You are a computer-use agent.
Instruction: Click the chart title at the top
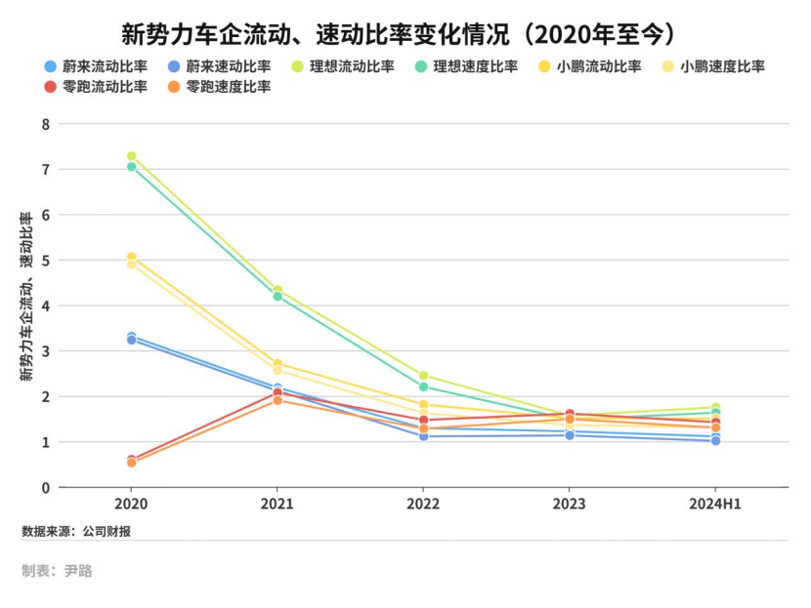405,35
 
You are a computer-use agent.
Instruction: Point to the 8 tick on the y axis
45,124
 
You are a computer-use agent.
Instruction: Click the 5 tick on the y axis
45,261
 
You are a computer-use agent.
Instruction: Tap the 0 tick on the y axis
45,488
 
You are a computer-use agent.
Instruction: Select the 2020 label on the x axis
131,505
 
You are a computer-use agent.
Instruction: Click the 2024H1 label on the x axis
715,505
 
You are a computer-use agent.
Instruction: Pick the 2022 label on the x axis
423,505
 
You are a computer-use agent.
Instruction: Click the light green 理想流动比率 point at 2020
131,156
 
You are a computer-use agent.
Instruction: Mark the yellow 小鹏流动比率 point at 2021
277,364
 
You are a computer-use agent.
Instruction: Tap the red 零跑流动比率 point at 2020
131,459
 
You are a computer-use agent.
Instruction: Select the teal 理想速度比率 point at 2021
277,297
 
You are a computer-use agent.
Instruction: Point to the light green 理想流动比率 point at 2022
423,376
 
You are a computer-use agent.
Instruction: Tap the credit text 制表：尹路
57,571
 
